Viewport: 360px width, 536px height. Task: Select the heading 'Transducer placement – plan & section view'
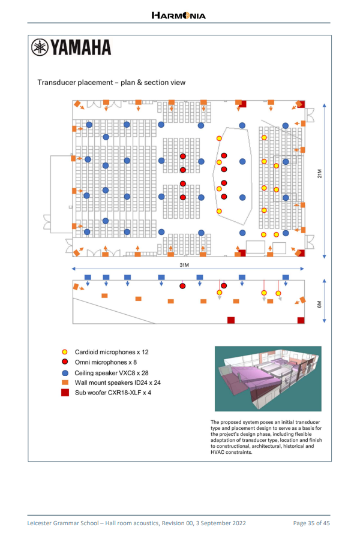click(x=112, y=83)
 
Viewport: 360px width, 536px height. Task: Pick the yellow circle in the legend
click(x=64, y=352)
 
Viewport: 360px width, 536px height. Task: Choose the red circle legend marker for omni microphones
click(x=64, y=362)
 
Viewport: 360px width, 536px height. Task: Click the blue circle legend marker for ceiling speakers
click(x=64, y=372)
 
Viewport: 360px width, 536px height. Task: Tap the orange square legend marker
click(x=64, y=382)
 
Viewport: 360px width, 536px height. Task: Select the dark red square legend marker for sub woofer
click(x=64, y=392)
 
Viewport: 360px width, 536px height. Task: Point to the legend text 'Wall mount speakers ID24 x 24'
click(x=118, y=382)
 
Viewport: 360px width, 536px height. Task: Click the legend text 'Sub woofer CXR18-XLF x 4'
click(x=113, y=392)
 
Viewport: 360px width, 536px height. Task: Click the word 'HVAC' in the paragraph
click(x=220, y=453)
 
